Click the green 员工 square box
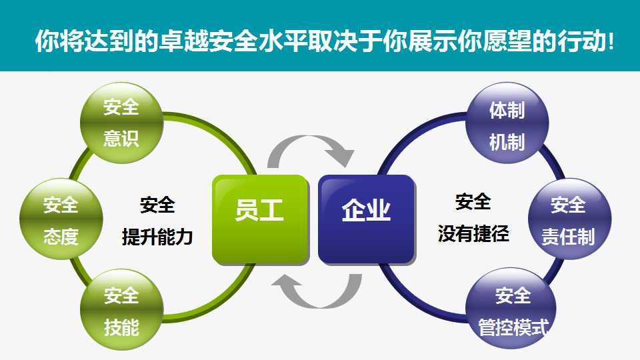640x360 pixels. click(260, 219)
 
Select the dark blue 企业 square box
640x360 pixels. click(367, 219)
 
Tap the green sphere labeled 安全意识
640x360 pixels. click(121, 123)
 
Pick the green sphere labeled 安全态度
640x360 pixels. click(61, 219)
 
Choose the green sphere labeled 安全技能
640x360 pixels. click(121, 309)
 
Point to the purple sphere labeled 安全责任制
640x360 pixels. click(569, 219)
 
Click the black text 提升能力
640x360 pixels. click(157, 237)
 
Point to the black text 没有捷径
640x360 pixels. click(473, 234)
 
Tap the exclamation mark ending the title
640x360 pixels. click(611, 41)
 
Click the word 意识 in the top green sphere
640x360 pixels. click(121, 139)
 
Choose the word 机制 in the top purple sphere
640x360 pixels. click(507, 142)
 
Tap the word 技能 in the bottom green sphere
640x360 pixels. click(121, 327)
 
